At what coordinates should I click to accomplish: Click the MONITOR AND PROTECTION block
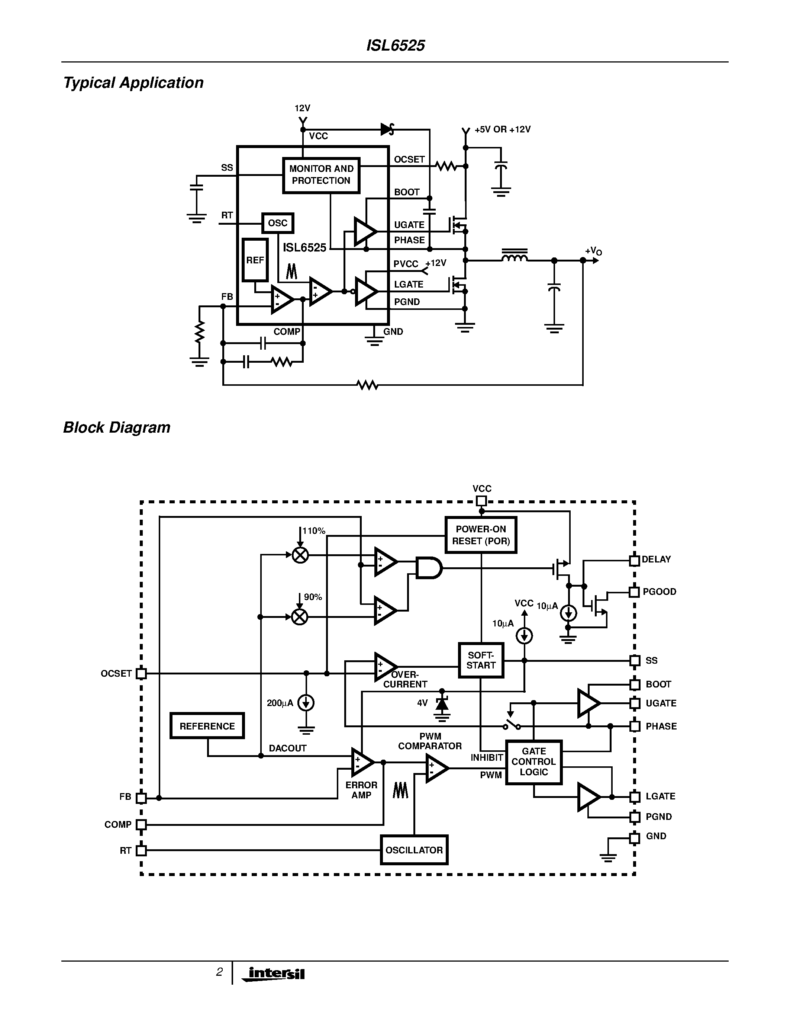(x=321, y=175)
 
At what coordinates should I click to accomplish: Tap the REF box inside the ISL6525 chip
(x=255, y=260)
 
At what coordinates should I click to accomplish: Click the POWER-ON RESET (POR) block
(x=481, y=535)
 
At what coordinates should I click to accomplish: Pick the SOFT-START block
(x=481, y=660)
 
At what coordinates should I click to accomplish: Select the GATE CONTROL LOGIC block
(x=533, y=762)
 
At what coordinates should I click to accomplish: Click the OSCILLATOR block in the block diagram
(x=414, y=850)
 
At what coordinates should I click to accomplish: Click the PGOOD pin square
(x=634, y=591)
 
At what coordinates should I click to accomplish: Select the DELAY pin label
(x=656, y=559)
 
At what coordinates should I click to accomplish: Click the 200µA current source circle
(x=306, y=703)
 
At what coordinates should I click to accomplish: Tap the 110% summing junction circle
(x=300, y=555)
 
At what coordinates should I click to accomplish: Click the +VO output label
(x=593, y=251)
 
